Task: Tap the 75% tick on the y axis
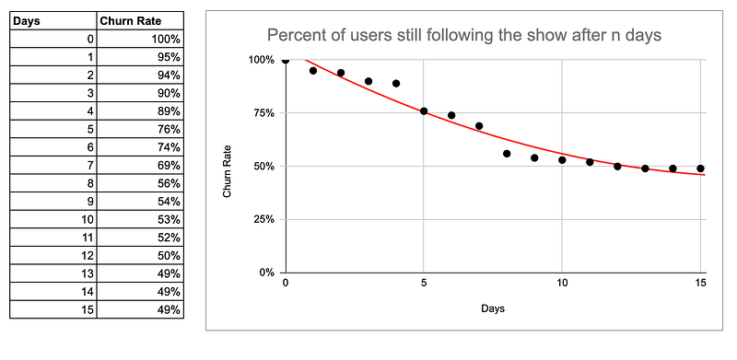pyautogui.click(x=262, y=113)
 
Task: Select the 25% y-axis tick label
pyautogui.click(x=262, y=220)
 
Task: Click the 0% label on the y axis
pyautogui.click(x=265, y=273)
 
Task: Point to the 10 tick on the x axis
pyautogui.click(x=562, y=285)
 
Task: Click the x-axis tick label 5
pyautogui.click(x=424, y=285)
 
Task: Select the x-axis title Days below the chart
pyautogui.click(x=492, y=309)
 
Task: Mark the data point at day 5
pyautogui.click(x=424, y=111)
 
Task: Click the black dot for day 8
pyautogui.click(x=507, y=154)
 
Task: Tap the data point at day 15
pyautogui.click(x=700, y=168)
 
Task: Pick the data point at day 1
pyautogui.click(x=313, y=71)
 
